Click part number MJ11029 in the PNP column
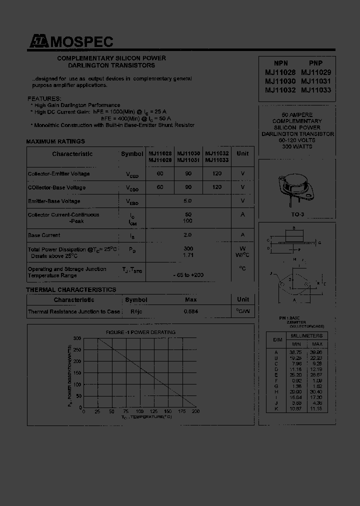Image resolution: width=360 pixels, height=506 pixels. (x=315, y=72)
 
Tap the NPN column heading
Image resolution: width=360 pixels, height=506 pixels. (x=281, y=63)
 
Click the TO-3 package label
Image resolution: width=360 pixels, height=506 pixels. (x=298, y=214)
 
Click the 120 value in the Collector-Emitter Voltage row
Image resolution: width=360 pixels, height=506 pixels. (x=216, y=173)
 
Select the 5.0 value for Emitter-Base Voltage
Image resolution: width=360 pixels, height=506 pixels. (x=187, y=201)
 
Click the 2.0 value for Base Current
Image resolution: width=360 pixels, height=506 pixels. (x=187, y=235)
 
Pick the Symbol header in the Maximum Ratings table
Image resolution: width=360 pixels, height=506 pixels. (x=131, y=154)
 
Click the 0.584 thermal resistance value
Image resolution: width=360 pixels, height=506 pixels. (x=190, y=311)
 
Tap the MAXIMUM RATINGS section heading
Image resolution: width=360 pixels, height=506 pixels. (x=55, y=141)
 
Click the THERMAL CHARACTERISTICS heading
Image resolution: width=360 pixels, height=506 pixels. (x=71, y=290)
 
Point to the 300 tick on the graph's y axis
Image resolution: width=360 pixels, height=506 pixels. (x=77, y=338)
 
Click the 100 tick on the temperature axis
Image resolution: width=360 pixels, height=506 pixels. (x=139, y=411)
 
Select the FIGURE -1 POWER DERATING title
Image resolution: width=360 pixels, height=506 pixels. (x=133, y=332)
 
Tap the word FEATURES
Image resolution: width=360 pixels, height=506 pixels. (x=44, y=98)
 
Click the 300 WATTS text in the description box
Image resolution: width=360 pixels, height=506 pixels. (x=297, y=146)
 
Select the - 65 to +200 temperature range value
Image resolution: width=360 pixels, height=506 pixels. (x=187, y=275)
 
